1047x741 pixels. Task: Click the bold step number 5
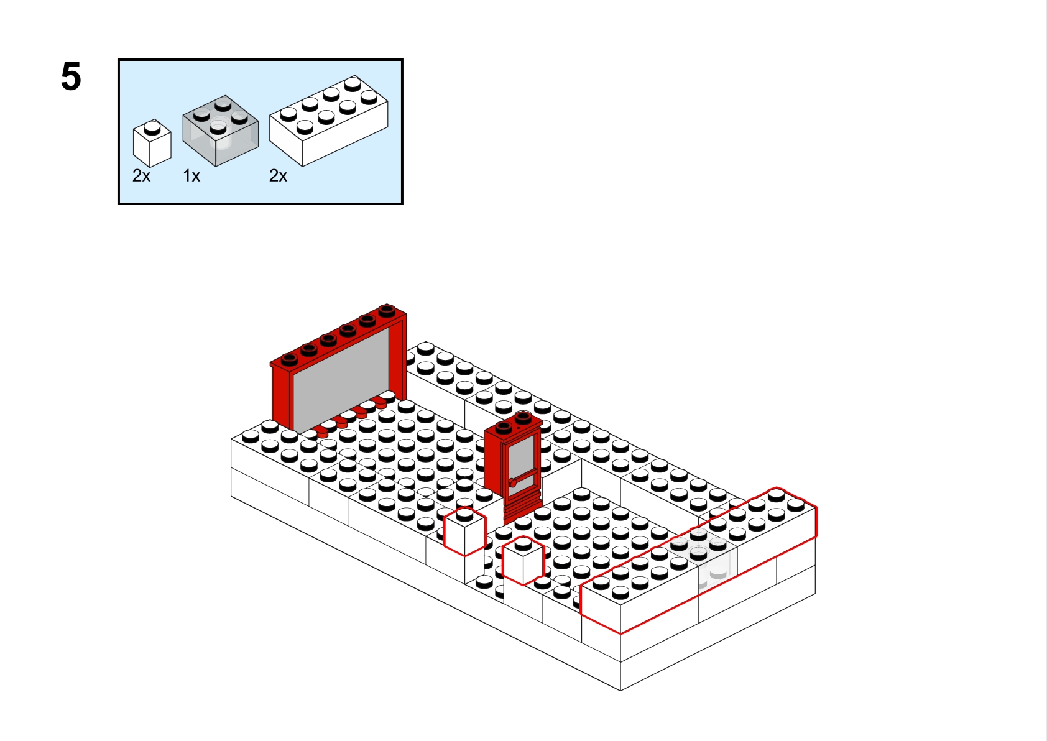71,76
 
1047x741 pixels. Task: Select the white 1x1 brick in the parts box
152,143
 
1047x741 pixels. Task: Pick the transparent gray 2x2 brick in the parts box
220,131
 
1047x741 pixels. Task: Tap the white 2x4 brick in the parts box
329,121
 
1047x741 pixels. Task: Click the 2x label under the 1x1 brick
142,176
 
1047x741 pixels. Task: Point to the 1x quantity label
191,176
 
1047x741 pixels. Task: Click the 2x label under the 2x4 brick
278,176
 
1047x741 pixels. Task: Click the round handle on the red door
512,483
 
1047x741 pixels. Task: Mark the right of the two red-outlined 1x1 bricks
523,560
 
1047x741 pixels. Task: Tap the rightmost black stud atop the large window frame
387,310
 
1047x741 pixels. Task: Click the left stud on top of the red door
504,426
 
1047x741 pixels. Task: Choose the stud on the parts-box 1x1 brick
152,127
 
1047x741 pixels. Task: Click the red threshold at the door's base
523,513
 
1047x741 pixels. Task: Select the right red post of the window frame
398,359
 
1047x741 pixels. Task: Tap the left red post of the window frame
282,397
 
